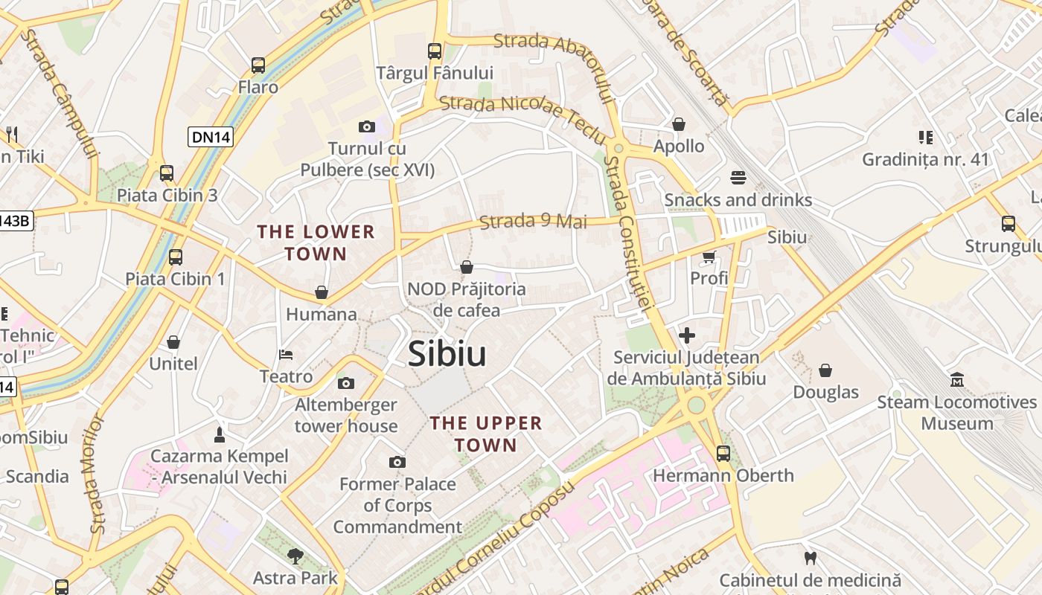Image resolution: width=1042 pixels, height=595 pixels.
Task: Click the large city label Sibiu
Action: pyautogui.click(x=447, y=354)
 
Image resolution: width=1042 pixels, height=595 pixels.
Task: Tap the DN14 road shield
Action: pyautogui.click(x=211, y=137)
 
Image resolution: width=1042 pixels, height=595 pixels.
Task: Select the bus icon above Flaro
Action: pyautogui.click(x=258, y=65)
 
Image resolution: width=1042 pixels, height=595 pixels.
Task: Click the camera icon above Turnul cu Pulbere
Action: pyautogui.click(x=366, y=127)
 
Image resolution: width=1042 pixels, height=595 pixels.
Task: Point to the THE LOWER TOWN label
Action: pyautogui.click(x=316, y=242)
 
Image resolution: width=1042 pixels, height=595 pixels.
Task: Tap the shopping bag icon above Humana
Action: pyautogui.click(x=322, y=292)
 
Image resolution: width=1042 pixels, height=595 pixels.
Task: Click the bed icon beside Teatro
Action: pyautogui.click(x=286, y=354)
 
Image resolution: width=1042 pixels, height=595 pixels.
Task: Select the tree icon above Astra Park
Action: pyautogui.click(x=295, y=556)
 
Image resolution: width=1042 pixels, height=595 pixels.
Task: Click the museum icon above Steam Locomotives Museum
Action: pyautogui.click(x=957, y=380)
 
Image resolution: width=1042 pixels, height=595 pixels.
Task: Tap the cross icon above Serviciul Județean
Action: pyautogui.click(x=686, y=335)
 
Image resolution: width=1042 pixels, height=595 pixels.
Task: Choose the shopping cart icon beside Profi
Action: pyautogui.click(x=709, y=257)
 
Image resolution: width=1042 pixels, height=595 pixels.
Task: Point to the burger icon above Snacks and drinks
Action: pyautogui.click(x=738, y=178)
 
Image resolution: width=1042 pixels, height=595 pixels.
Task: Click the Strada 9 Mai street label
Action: pyautogui.click(x=533, y=222)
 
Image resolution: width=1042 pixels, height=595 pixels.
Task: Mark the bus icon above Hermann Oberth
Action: pyautogui.click(x=723, y=453)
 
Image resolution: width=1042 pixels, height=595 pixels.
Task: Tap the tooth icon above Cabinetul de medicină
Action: pyautogui.click(x=811, y=558)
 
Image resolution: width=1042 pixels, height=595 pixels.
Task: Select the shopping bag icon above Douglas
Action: pyautogui.click(x=825, y=370)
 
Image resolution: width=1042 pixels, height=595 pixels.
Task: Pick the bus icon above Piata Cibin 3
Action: pyautogui.click(x=167, y=173)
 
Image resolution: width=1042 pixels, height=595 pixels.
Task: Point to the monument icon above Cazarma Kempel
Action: pyautogui.click(x=219, y=434)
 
